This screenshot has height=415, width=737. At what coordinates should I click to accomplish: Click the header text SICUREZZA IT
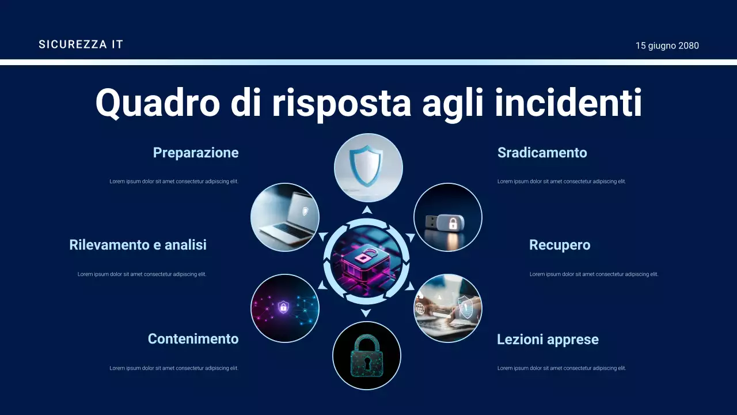click(x=81, y=44)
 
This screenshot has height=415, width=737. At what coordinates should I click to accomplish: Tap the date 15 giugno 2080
click(x=667, y=46)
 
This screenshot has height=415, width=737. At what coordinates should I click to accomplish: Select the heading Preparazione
click(x=195, y=153)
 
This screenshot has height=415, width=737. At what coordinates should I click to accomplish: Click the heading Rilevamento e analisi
click(x=138, y=245)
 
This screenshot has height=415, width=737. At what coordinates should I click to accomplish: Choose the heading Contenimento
click(x=193, y=339)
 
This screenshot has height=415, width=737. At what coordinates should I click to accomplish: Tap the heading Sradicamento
click(x=542, y=153)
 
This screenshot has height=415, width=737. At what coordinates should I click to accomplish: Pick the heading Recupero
click(x=559, y=245)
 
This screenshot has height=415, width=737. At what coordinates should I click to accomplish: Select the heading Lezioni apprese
click(x=547, y=339)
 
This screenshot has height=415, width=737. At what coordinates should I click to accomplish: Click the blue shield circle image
click(x=368, y=168)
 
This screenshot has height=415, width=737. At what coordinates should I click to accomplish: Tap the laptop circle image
click(x=285, y=217)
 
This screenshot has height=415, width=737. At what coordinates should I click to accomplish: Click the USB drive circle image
click(x=447, y=217)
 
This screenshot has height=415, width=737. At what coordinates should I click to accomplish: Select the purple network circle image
click(x=284, y=308)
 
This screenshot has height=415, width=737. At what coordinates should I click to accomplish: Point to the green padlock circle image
click(x=366, y=356)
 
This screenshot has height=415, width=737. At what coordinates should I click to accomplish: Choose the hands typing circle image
click(x=447, y=308)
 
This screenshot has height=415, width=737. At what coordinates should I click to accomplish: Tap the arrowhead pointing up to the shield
click(x=366, y=210)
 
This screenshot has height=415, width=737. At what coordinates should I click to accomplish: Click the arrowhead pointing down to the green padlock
click(x=366, y=313)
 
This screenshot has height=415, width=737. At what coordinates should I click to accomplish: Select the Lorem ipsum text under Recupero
click(x=594, y=274)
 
